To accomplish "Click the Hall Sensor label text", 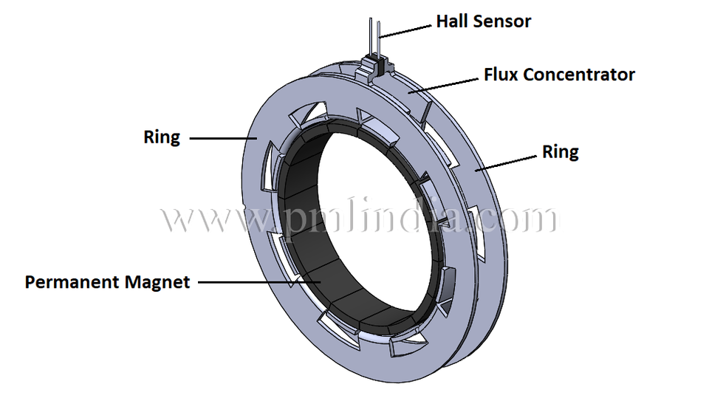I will [x=483, y=21].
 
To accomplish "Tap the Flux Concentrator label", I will [x=559, y=75].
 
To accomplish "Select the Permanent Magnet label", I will [x=107, y=282].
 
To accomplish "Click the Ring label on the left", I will [x=162, y=137].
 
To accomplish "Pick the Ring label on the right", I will [x=561, y=152].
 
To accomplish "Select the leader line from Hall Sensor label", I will [x=406, y=30].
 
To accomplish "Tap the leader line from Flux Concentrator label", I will [x=443, y=83].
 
